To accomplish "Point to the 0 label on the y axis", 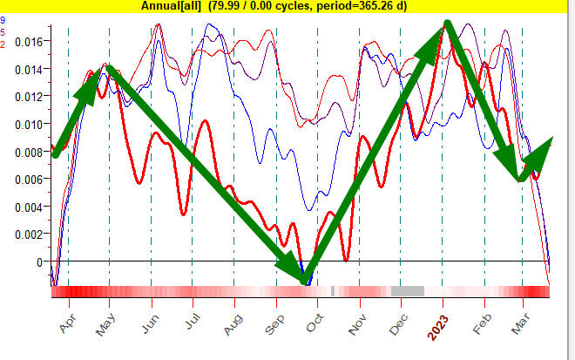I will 37,262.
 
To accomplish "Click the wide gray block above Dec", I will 407,291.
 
